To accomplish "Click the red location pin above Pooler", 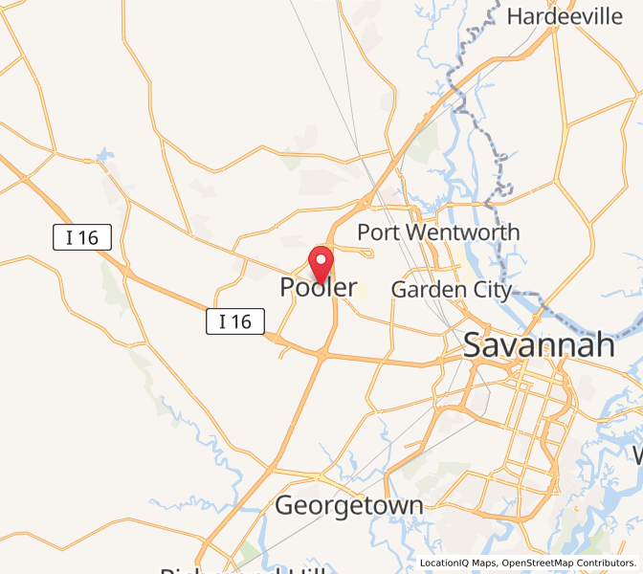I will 321,260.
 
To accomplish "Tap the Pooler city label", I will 319,287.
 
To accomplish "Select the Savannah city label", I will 539,345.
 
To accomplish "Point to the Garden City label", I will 452,289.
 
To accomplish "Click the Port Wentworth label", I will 438,232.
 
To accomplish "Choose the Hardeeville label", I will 564,16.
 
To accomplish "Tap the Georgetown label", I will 348,505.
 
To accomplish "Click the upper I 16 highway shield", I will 82,238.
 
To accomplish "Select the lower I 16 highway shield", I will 235,321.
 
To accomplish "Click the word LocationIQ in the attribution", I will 444,563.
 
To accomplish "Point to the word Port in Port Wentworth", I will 376,232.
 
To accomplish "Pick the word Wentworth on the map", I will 460,232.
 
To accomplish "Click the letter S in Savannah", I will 473,345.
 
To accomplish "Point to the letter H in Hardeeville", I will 514,16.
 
